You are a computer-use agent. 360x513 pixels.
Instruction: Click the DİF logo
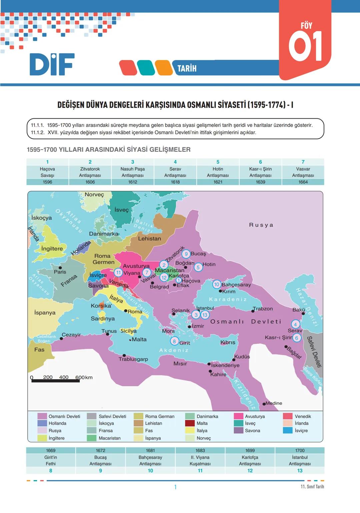pos(52,64)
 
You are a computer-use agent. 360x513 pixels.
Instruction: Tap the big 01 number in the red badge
pos(305,46)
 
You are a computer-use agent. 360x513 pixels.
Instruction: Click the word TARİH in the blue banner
pos(187,69)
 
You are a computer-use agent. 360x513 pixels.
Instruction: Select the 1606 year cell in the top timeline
pos(90,182)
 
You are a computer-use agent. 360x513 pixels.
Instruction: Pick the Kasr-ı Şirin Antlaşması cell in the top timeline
pos(260,172)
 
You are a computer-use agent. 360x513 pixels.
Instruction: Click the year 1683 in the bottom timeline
pos(200,450)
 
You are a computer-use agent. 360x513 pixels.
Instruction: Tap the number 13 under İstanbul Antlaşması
pos(300,471)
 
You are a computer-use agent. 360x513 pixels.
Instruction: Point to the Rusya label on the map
pos(261,225)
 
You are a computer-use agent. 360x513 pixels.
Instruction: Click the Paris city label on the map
pos(60,272)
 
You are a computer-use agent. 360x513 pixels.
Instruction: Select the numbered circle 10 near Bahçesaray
pos(217,284)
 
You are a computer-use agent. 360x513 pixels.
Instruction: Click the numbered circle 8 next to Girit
pos(174,341)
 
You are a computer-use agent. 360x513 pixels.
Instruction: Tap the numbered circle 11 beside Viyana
pos(118,273)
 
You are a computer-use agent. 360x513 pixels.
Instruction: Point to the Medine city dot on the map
pos(264,404)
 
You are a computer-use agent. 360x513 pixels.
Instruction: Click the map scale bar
pos(56,381)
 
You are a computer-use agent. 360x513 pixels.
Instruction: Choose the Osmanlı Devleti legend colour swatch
pos(42,416)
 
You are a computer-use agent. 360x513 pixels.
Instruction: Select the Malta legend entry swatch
pos(190,423)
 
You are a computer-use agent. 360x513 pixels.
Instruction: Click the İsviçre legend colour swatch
pos(288,431)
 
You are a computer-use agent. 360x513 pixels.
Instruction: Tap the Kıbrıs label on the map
pos(228,342)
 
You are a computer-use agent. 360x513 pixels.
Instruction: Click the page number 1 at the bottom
pos(175,487)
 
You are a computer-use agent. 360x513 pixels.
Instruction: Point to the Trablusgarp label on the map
pos(133,359)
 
